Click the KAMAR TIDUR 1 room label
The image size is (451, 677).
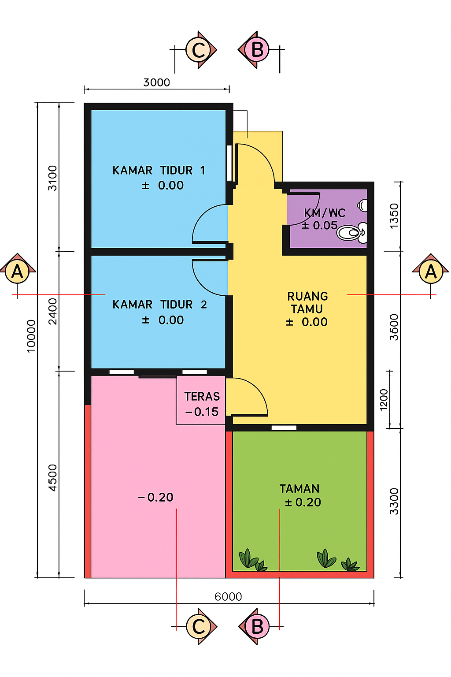[159, 171]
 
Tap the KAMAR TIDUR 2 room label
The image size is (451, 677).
[159, 305]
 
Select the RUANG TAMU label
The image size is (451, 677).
[307, 302]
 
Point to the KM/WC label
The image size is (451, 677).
[325, 213]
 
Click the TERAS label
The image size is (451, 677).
[202, 397]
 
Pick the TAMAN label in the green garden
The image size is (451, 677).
[299, 489]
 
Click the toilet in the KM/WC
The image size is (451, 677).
[351, 233]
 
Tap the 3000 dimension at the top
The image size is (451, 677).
[156, 82]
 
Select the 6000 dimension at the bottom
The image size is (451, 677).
[229, 597]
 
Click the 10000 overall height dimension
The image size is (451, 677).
[31, 336]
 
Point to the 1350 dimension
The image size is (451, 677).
[394, 216]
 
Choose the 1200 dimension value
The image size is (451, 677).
[384, 400]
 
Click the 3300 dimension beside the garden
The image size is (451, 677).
[394, 501]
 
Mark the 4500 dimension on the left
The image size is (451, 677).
[52, 478]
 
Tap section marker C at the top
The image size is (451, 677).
[199, 49]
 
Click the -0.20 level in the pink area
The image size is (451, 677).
[155, 498]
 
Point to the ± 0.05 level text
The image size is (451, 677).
[320, 226]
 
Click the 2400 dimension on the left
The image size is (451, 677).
[52, 311]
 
